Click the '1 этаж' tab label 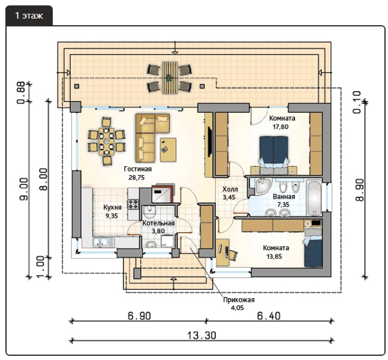[x=29, y=16]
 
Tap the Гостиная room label [x=137, y=169]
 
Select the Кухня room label [x=112, y=207]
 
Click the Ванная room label [x=284, y=197]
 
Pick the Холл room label [x=230, y=190]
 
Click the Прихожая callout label [x=239, y=300]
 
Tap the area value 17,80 [x=281, y=127]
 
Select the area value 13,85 [x=274, y=257]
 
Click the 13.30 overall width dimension [x=201, y=336]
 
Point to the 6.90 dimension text [x=139, y=316]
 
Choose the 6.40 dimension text [x=269, y=316]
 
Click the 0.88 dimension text [x=21, y=92]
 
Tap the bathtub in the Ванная [x=314, y=197]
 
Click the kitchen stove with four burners [x=133, y=204]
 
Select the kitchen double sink [x=104, y=242]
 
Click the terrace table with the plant [x=170, y=78]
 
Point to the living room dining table [x=106, y=142]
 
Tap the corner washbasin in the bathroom [x=263, y=185]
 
